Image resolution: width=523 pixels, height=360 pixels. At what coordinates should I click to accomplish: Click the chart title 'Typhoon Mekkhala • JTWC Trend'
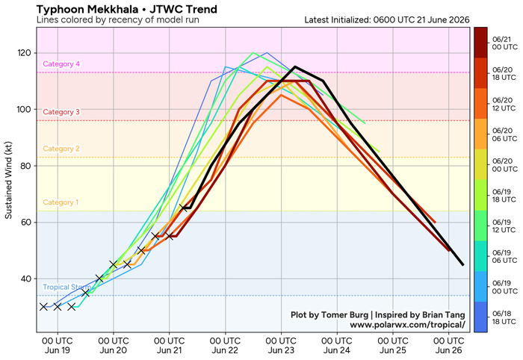tap(127, 9)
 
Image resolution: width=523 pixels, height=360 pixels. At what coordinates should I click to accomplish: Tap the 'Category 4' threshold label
tap(61, 64)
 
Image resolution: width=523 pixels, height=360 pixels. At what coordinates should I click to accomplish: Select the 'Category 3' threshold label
tap(61, 112)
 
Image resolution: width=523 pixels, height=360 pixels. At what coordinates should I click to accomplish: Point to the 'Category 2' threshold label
tap(61, 149)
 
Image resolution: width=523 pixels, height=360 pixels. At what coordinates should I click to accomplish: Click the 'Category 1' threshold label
tap(61, 202)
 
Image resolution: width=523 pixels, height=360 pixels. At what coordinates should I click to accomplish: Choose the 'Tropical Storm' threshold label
tap(66, 287)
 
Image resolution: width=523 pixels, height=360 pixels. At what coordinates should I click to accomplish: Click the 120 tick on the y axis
tap(24, 53)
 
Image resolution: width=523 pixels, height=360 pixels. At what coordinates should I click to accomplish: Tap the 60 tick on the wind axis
tap(25, 223)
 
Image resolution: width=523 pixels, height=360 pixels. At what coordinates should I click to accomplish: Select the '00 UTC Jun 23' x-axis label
tap(281, 346)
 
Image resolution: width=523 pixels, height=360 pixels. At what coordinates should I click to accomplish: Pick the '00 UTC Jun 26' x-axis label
tap(448, 346)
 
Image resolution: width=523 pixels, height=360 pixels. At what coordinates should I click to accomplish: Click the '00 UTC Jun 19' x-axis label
tap(58, 346)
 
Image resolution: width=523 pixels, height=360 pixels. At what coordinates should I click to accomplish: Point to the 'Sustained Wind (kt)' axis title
tap(8, 180)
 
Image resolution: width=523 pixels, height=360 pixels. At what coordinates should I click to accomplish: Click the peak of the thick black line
tap(295, 66)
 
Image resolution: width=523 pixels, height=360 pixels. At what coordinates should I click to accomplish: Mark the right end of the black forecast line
tap(462, 264)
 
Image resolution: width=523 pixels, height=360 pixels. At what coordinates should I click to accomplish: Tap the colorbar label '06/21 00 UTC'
tap(504, 43)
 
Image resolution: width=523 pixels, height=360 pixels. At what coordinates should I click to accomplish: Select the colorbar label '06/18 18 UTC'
tap(504, 317)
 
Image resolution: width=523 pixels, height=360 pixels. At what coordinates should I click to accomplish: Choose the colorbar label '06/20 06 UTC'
tap(504, 134)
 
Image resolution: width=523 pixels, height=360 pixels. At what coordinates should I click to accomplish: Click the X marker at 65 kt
tap(183, 208)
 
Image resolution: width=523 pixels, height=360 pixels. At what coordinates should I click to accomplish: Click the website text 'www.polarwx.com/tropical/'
tap(407, 325)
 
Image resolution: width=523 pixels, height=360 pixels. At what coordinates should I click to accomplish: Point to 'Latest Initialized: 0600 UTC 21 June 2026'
tap(387, 20)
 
